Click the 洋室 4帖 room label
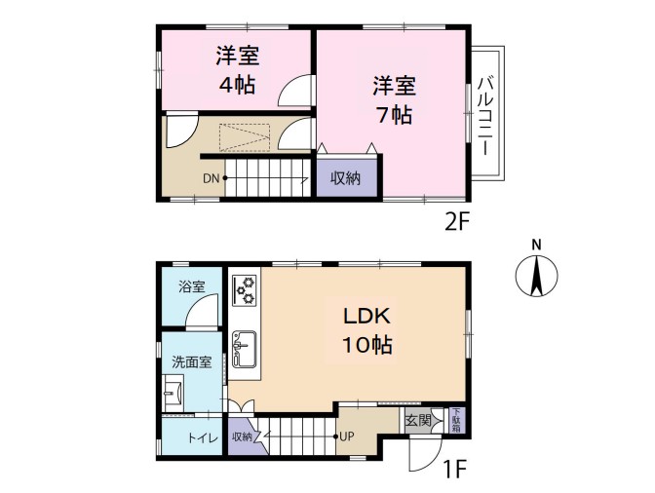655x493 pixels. tap(237, 70)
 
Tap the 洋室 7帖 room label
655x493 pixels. tap(394, 100)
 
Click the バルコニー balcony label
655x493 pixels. tap(484, 116)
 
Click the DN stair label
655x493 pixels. tap(211, 178)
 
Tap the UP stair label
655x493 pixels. tap(347, 437)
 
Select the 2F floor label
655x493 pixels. tap(457, 222)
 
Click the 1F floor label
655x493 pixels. tap(454, 470)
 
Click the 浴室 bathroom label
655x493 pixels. tap(191, 286)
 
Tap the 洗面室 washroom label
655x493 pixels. tap(192, 361)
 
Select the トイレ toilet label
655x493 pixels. tap(203, 438)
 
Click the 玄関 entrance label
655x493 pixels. tap(418, 420)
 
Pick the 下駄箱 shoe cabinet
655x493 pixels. tap(456, 421)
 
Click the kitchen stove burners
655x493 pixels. tap(245, 290)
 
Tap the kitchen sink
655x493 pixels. tap(245, 350)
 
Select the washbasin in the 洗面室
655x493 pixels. tap(173, 393)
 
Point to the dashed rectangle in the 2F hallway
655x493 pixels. tap(245, 137)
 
